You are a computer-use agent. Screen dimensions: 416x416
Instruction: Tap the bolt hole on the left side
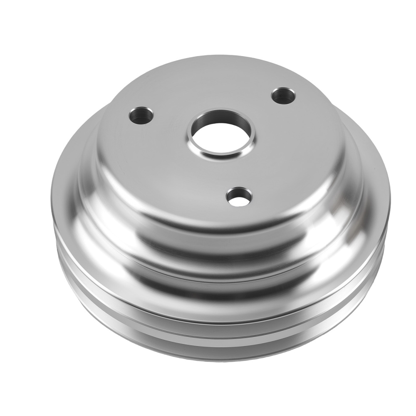(141, 115)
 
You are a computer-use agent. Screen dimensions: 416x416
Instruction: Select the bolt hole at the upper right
(283, 96)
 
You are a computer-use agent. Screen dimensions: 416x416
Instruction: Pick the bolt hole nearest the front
(239, 196)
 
